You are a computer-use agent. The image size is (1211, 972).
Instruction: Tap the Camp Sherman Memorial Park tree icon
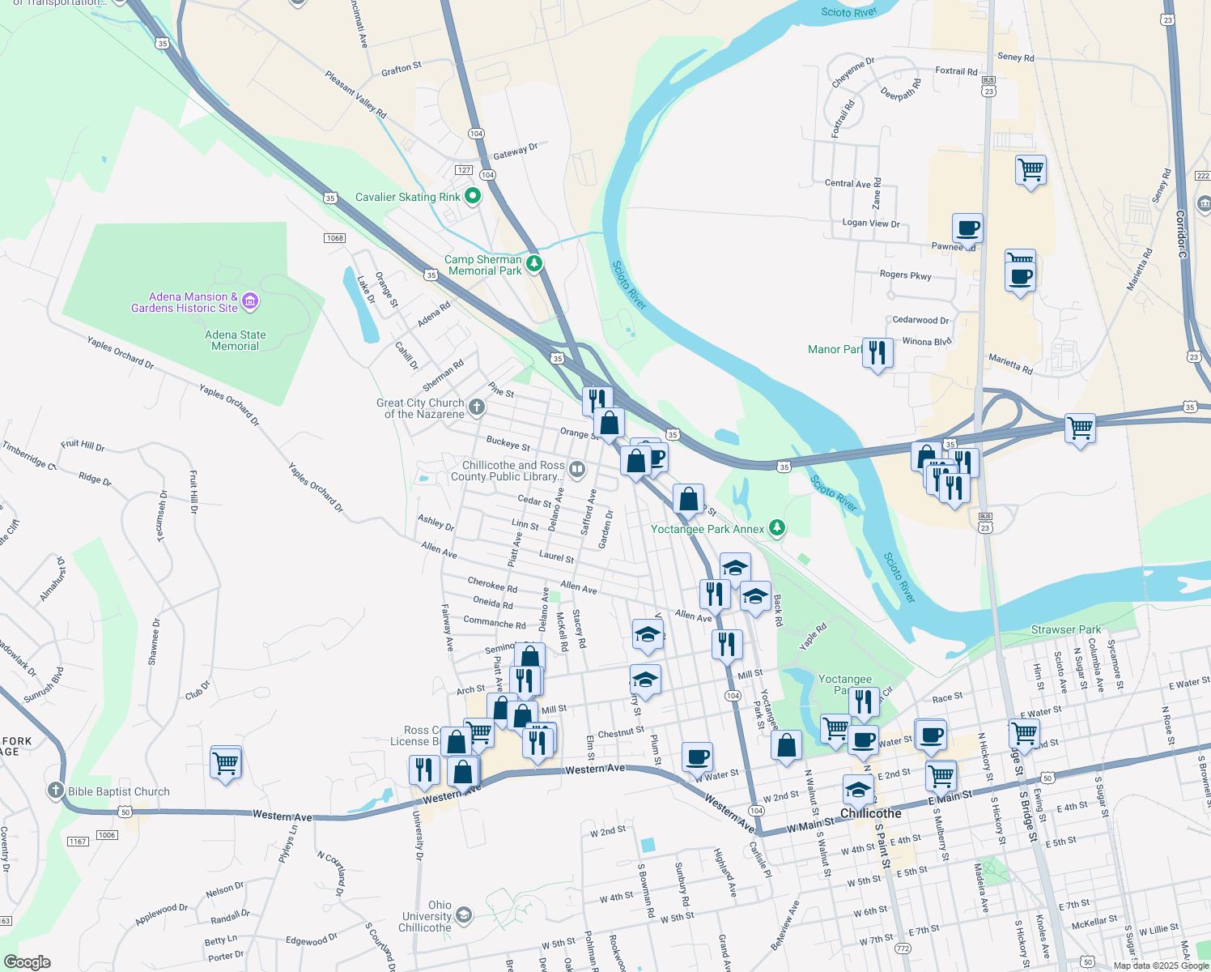tap(534, 264)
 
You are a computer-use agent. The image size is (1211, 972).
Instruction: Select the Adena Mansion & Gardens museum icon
tap(250, 302)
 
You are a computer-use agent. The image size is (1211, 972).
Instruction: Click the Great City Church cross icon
tap(477, 407)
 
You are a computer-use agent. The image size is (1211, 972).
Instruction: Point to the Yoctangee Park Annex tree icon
tap(777, 528)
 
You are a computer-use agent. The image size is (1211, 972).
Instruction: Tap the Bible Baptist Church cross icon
tap(55, 791)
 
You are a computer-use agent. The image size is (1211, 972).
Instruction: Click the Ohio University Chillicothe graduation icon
tap(463, 915)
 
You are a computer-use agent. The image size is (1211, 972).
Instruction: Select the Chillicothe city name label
tap(870, 813)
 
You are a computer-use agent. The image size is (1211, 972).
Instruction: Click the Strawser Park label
tap(1065, 629)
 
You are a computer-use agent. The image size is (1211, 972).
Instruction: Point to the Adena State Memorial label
tap(235, 340)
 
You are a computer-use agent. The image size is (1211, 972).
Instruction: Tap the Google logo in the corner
tap(28, 962)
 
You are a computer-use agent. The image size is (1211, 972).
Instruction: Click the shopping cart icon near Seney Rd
tap(1030, 170)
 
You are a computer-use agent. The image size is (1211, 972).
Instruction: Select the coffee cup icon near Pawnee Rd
tap(967, 228)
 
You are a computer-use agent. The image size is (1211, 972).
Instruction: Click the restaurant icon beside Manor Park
tap(877, 352)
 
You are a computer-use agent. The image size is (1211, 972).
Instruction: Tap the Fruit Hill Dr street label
tap(83, 445)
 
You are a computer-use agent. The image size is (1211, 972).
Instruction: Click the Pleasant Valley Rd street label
tap(355, 94)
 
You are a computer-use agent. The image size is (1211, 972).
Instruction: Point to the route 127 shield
tap(464, 170)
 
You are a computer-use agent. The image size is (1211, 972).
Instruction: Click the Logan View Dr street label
tap(870, 223)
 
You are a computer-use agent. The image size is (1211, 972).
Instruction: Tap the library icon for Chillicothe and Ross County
tap(576, 469)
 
